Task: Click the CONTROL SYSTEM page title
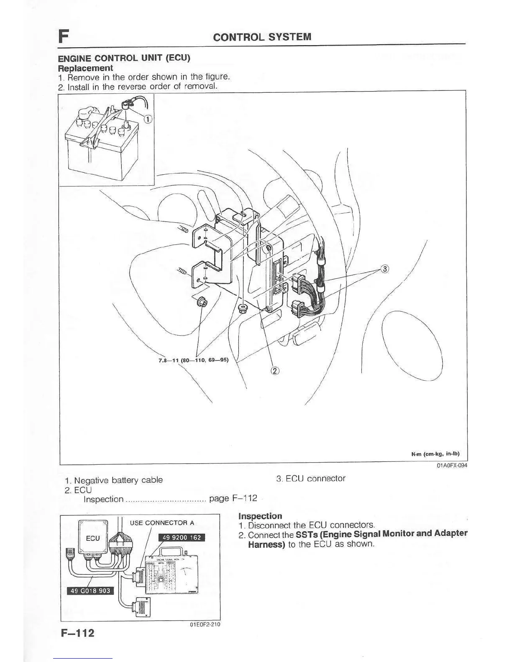tap(262, 37)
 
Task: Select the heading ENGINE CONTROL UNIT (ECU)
tap(124, 58)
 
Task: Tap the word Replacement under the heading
tap(85, 68)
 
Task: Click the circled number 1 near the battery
tap(147, 119)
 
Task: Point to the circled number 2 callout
tap(275, 371)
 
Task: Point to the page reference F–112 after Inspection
tap(244, 498)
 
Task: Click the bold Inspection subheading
tap(260, 516)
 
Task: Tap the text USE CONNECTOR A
tap(162, 523)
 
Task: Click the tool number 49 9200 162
tap(181, 537)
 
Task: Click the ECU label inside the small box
tap(92, 538)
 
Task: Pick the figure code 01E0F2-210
tap(205, 624)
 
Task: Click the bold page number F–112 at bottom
tap(77, 633)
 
